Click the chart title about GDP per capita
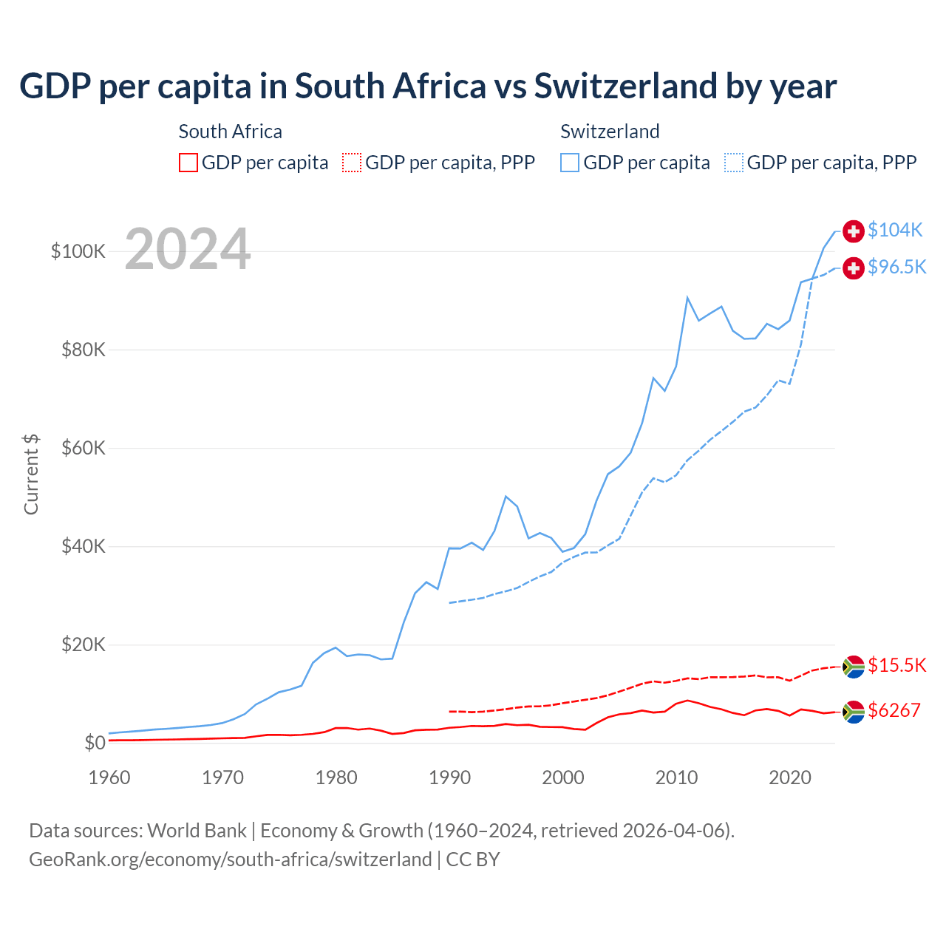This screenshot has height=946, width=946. click(x=427, y=86)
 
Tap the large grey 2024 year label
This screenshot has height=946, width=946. click(x=188, y=249)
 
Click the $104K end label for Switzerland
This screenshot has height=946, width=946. click(x=895, y=230)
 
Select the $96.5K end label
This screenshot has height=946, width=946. click(x=896, y=267)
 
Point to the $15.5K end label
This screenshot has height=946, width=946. click(x=896, y=665)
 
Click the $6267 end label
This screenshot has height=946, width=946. click(x=894, y=710)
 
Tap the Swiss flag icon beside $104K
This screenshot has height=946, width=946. click(x=854, y=231)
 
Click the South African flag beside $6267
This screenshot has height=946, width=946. click(x=854, y=712)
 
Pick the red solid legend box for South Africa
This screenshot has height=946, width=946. click(x=188, y=163)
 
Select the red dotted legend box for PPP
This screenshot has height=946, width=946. click(x=352, y=163)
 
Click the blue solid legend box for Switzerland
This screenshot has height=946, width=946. click(x=570, y=163)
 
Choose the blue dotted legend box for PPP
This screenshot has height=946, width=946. click(x=734, y=163)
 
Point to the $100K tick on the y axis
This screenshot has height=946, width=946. click(x=78, y=251)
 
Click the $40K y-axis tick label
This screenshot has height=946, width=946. click(x=84, y=546)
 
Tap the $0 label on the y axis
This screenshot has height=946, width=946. click(x=95, y=743)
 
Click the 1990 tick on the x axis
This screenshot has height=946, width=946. click(x=449, y=777)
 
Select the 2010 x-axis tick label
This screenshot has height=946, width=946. click(x=676, y=777)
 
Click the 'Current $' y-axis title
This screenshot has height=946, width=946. click(x=31, y=474)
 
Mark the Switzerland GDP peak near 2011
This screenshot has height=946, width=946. click(x=687, y=298)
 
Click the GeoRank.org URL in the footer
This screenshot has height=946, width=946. click(x=230, y=860)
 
